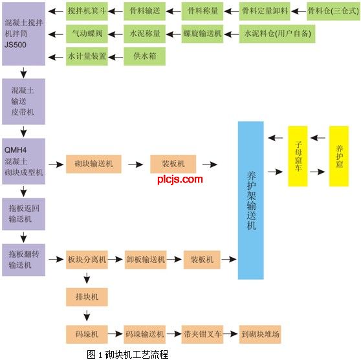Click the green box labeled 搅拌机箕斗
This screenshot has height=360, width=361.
pos(87,11)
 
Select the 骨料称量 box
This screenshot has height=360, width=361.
pos(202,11)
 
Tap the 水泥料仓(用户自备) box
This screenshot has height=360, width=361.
pos(277,34)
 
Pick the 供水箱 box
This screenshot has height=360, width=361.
pos(144,56)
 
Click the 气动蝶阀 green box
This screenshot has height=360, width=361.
pos(87,34)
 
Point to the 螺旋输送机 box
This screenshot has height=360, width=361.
pos(202,34)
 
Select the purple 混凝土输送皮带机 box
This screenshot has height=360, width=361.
pos(23,102)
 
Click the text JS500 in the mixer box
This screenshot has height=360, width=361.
pos(16,45)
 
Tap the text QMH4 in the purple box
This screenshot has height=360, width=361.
pos(16,150)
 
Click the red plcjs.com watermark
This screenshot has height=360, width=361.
pos(180,179)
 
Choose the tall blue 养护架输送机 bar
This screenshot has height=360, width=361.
pos(251,200)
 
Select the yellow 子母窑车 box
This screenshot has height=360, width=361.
pos(298,156)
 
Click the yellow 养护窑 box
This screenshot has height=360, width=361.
pos(338,156)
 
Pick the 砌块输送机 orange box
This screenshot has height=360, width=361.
pos(93,164)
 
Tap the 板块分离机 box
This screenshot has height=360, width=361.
pos(87,260)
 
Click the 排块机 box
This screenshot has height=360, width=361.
pos(87,297)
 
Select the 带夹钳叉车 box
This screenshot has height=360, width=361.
pos(202,334)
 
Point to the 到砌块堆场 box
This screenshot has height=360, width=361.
pos(260,334)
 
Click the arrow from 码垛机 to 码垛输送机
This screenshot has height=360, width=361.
pos(115,333)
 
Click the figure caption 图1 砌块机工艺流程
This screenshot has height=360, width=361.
pos(127,354)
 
